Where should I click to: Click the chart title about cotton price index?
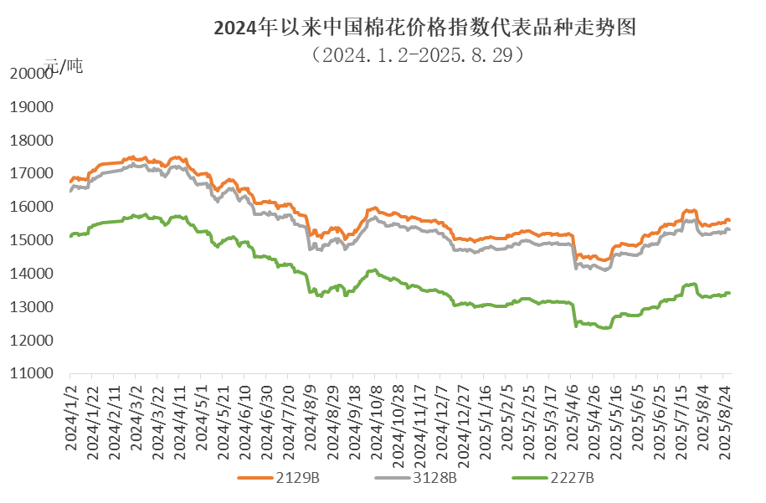[425, 28]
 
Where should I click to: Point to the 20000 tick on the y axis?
[30, 74]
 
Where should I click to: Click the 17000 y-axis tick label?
[30, 174]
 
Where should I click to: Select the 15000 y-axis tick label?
[30, 241]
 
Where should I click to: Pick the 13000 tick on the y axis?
[30, 308]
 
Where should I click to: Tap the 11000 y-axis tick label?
[30, 374]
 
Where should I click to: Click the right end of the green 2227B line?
[730, 292]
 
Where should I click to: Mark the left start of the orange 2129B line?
[70, 179]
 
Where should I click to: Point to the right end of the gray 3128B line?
[730, 228]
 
